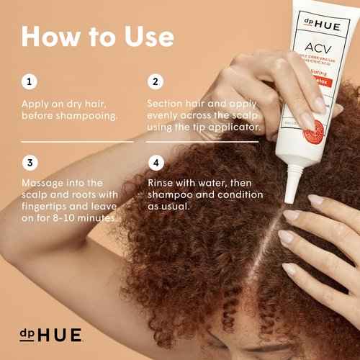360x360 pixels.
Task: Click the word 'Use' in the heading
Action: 143,37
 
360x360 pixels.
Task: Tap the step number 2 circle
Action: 153,81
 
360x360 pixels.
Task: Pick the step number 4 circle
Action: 153,162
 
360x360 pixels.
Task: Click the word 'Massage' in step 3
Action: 44,184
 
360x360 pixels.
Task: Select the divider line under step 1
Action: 77,142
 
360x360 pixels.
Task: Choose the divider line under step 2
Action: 202,142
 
